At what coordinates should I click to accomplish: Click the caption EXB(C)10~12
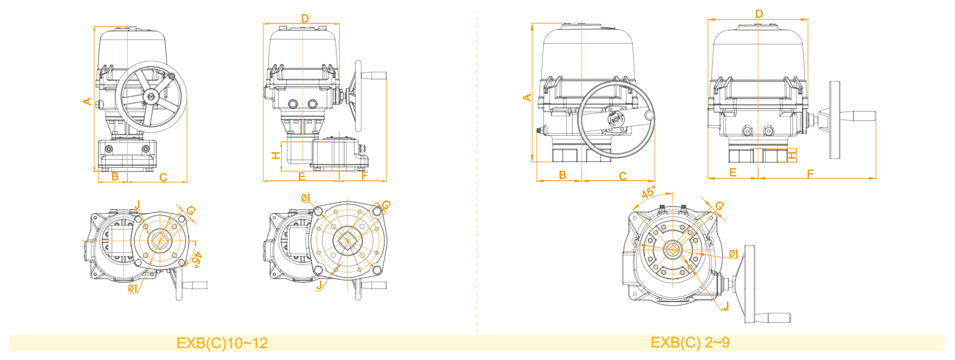tap(222, 343)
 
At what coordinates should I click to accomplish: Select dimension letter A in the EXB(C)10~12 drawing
tap(88, 101)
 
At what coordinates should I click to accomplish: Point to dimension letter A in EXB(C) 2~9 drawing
tap(527, 97)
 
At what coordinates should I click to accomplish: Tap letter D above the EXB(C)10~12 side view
tap(305, 18)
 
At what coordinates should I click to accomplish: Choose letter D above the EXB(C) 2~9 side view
tap(759, 14)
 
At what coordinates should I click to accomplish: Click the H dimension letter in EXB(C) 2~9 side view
tap(792, 155)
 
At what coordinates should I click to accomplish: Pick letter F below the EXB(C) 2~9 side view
tap(809, 174)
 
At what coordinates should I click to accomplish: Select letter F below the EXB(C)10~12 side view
tap(364, 177)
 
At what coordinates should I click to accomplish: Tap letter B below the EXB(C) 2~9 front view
tap(562, 175)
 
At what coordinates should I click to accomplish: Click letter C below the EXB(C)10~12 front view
tap(163, 178)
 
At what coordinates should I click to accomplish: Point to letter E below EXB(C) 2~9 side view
tap(733, 173)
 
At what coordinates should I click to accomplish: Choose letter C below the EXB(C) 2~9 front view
tap(623, 176)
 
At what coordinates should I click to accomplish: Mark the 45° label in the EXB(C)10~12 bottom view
tap(195, 259)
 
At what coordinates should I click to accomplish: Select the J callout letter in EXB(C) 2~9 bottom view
tap(726, 306)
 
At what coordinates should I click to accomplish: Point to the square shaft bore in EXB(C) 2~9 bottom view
tap(672, 249)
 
